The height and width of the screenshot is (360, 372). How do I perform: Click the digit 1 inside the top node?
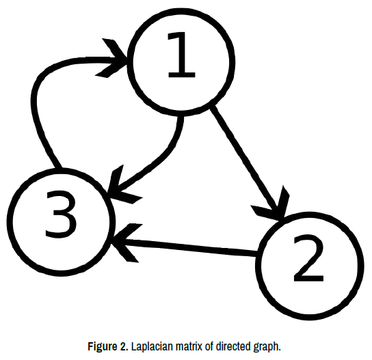click(x=181, y=55)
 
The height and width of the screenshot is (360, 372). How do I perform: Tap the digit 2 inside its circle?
click(x=308, y=258)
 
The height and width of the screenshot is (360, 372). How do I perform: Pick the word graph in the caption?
click(x=267, y=347)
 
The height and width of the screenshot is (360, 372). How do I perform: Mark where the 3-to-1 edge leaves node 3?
click(x=59, y=168)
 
